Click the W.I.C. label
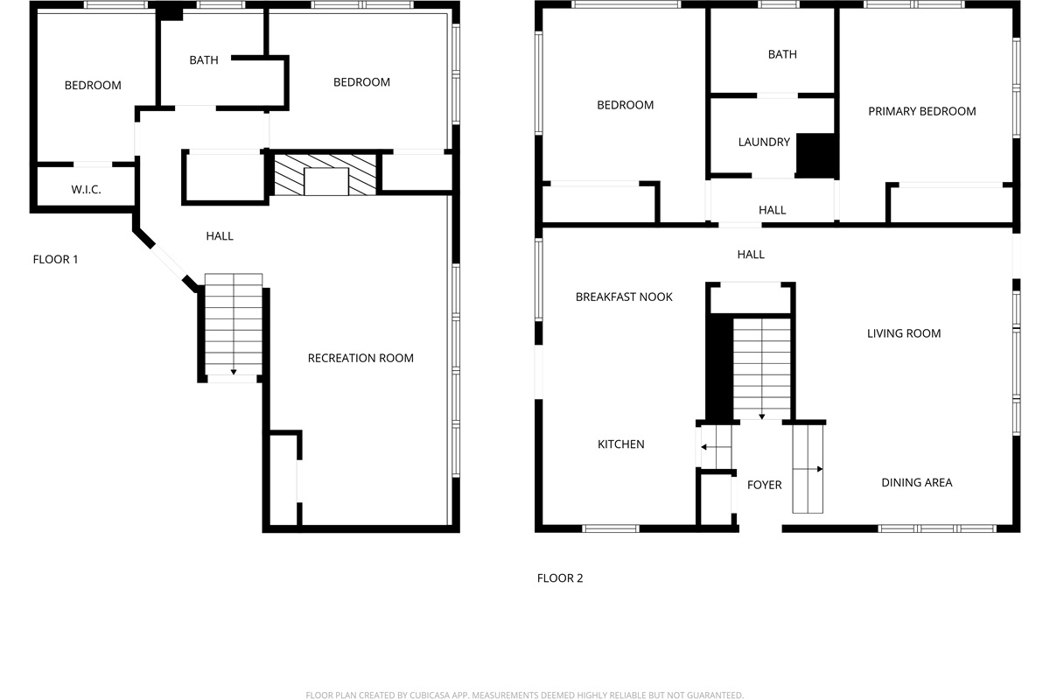[x=86, y=189]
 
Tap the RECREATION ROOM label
[x=360, y=358]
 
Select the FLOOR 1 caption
[x=55, y=259]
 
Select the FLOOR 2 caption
[x=560, y=578]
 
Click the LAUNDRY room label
[x=764, y=142]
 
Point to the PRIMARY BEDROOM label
[x=922, y=112]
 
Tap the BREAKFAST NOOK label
[x=624, y=297]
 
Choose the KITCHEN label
[x=620, y=444]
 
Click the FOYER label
[x=764, y=485]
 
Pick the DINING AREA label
[x=916, y=482]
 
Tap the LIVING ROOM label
[x=903, y=333]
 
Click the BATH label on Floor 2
[x=782, y=54]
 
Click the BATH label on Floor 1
[x=203, y=60]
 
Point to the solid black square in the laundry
[x=817, y=155]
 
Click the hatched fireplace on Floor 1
[x=325, y=175]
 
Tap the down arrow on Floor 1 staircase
[x=234, y=372]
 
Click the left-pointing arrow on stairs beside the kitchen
[x=716, y=447]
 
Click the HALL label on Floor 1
[x=220, y=236]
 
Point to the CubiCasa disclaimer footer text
[x=524, y=695]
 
